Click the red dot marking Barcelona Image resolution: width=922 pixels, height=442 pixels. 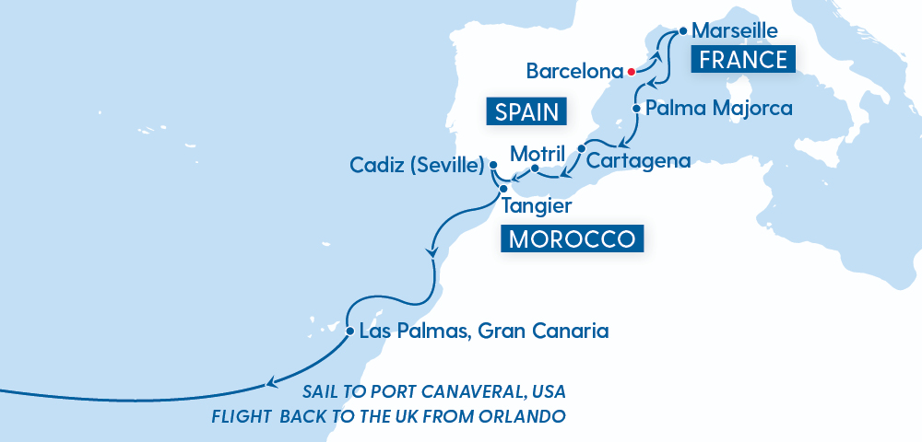click(631, 71)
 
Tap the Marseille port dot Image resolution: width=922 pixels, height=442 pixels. click(682, 30)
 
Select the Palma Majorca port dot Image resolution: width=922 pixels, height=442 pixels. click(636, 109)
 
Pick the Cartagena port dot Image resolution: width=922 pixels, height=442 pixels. click(582, 148)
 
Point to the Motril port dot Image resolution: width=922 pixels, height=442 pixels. click(535, 169)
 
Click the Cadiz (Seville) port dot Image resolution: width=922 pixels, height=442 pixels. click(493, 166)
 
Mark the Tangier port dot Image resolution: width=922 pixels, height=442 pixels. click(503, 189)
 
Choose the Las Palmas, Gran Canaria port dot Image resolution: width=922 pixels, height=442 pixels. click(350, 331)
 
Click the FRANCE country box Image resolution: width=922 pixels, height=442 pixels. click(743, 61)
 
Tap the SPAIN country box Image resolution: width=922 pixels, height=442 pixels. click(526, 112)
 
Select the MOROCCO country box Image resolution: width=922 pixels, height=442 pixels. click(572, 238)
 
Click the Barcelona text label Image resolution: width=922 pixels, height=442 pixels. click(573, 71)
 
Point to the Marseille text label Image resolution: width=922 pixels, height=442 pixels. click(735, 30)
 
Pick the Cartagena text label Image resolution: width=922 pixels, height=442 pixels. click(639, 160)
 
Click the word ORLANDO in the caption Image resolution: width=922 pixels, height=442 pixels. click(522, 415)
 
